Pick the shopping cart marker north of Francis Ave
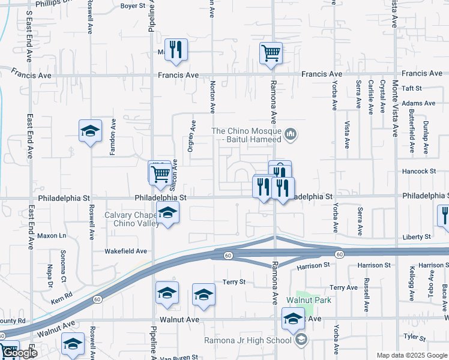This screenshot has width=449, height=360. click(271, 53)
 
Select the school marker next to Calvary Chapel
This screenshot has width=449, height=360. click(168, 212)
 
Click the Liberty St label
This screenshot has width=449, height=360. click(417, 237)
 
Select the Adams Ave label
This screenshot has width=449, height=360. click(418, 103)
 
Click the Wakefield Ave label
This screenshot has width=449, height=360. click(125, 251)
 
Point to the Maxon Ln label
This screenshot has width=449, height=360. click(51, 236)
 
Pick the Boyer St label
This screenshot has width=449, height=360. click(133, 6)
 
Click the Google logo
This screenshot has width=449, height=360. click(19, 353)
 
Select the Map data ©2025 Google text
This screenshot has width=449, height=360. click(411, 355)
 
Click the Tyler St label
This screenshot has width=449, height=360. click(414, 337)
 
